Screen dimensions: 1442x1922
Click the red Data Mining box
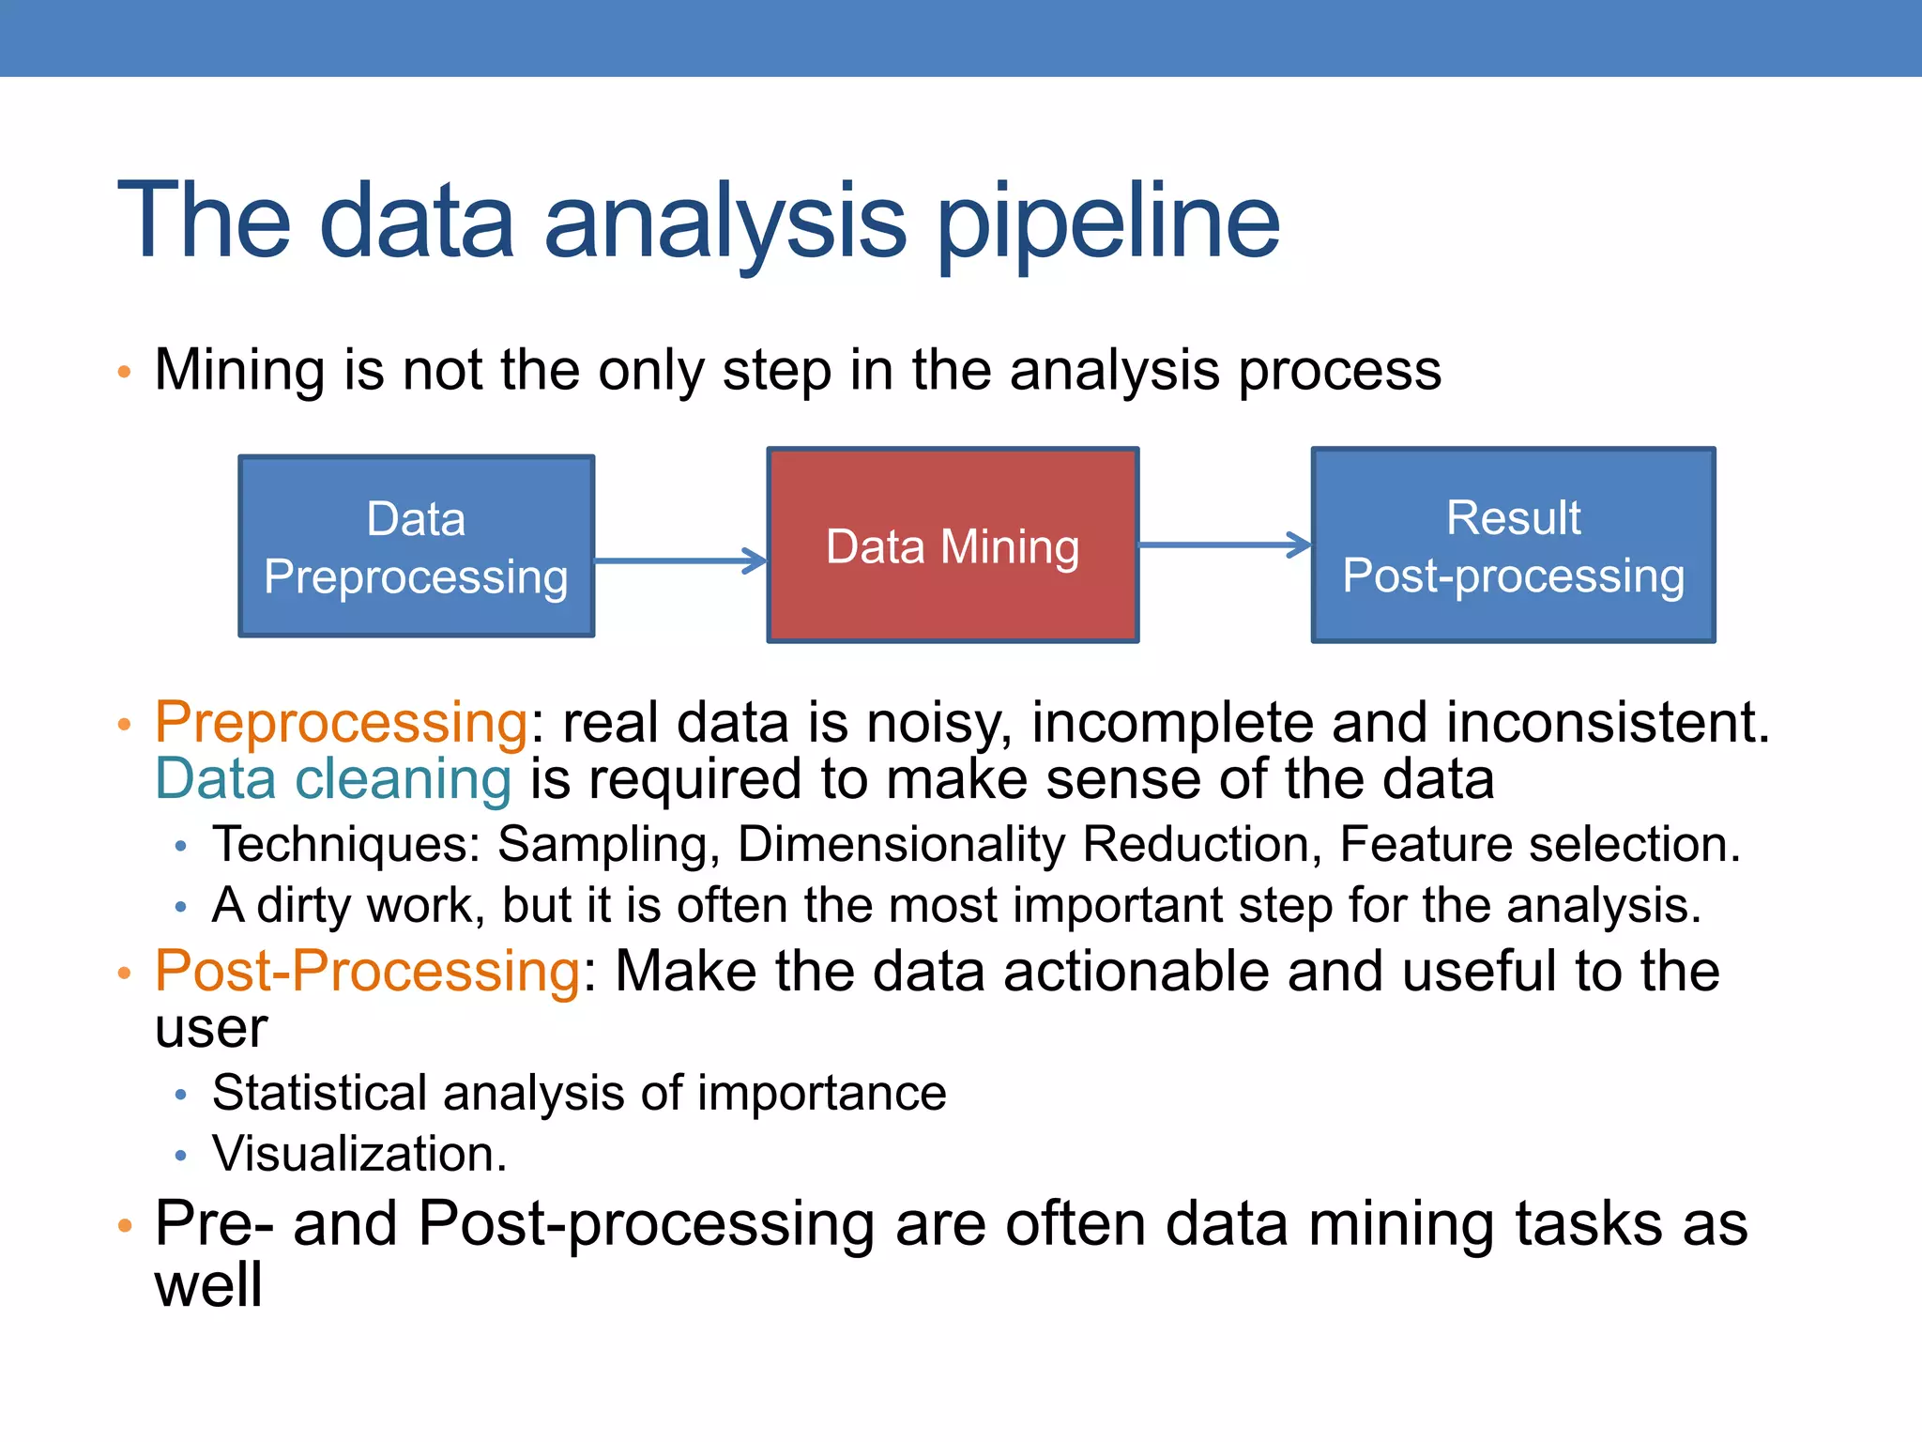(x=953, y=545)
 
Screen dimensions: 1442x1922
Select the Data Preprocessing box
(x=417, y=546)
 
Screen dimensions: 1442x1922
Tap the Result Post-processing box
(x=1513, y=545)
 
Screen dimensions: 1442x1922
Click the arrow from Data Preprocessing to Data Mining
(x=680, y=561)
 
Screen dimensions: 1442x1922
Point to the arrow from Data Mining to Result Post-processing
(x=1224, y=545)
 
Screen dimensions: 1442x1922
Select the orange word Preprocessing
(x=342, y=722)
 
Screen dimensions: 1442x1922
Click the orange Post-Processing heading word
(x=367, y=970)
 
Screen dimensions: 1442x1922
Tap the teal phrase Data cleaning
(x=333, y=779)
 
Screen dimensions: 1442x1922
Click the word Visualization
(x=359, y=1153)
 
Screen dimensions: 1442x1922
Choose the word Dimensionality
(x=901, y=844)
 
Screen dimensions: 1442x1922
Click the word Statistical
(x=319, y=1093)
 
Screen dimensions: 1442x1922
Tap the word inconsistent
(x=1607, y=722)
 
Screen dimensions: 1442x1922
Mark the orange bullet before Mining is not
(x=125, y=372)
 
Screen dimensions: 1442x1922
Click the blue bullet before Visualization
(x=181, y=1155)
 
